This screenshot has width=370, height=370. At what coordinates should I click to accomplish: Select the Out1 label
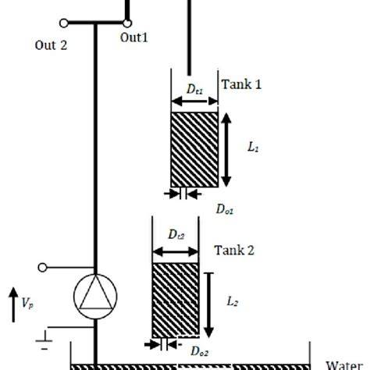click(133, 37)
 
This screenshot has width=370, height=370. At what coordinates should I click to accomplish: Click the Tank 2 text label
click(234, 251)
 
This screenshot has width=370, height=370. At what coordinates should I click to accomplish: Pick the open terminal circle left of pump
click(44, 268)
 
